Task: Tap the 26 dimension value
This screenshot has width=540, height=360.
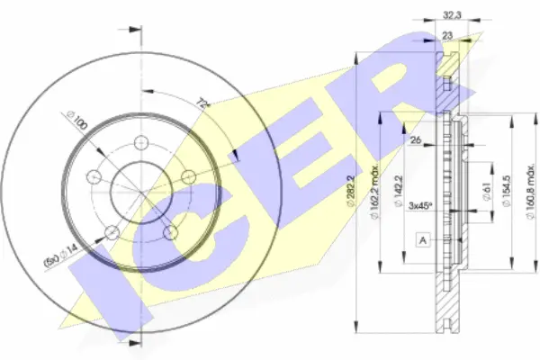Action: click(x=415, y=139)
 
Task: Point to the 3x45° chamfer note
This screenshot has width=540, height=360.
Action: click(x=419, y=204)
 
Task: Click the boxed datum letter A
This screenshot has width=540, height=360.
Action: click(x=422, y=238)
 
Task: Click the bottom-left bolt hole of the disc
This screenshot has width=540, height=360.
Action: click(x=111, y=234)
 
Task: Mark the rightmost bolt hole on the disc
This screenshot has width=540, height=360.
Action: click(x=188, y=175)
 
